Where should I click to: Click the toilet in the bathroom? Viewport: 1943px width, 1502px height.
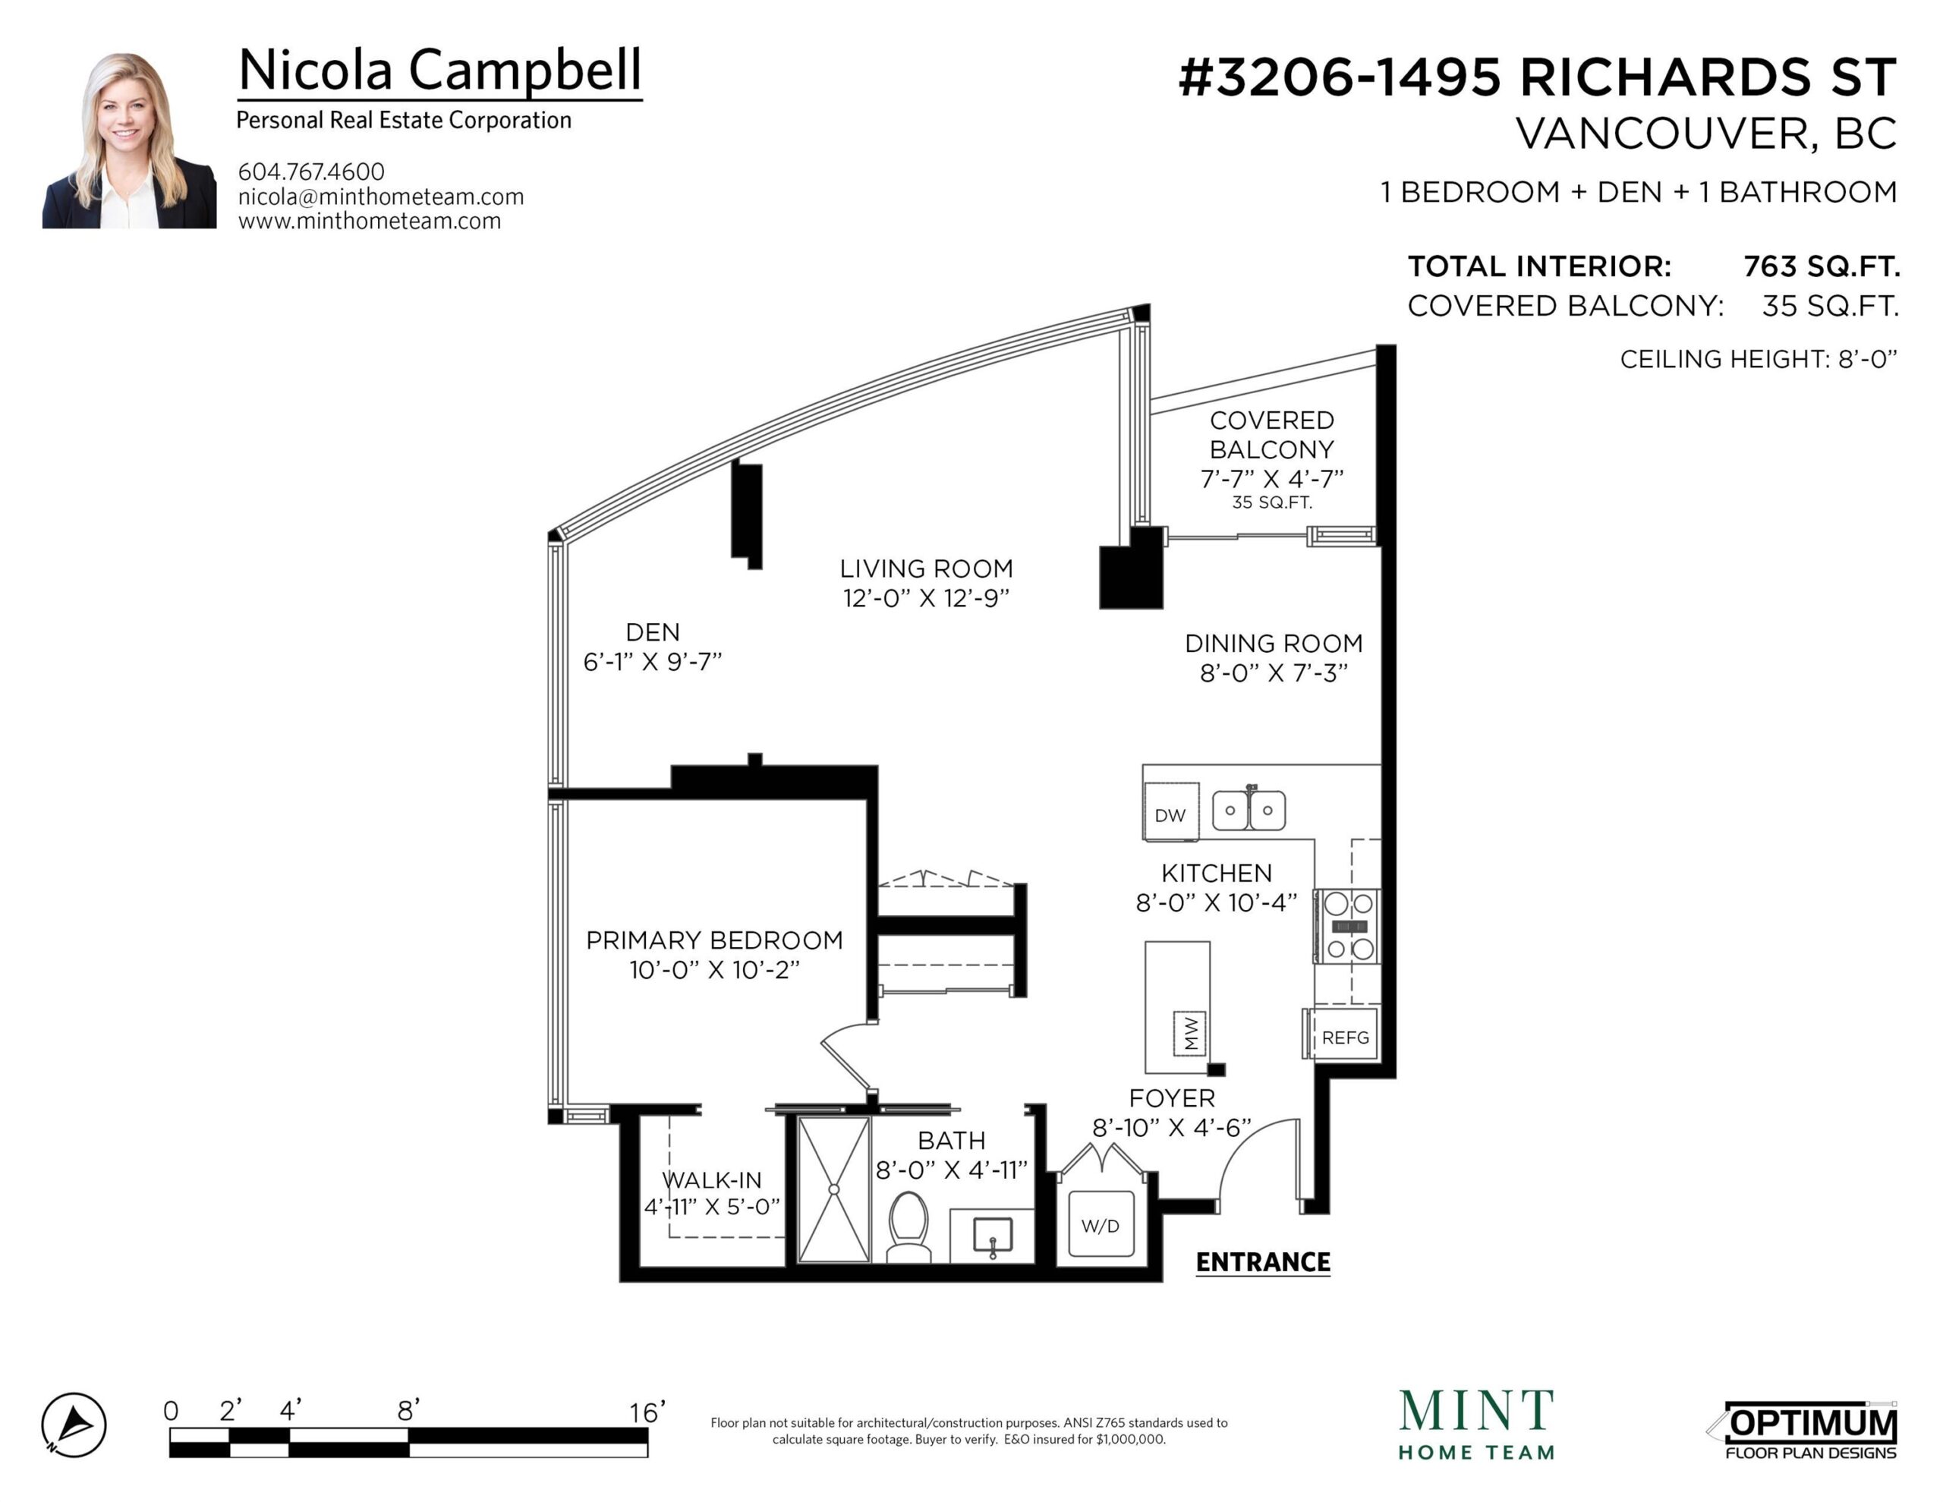click(909, 1227)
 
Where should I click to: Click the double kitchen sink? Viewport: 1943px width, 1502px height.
click(1249, 810)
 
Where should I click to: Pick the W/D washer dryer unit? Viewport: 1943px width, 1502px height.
click(1101, 1225)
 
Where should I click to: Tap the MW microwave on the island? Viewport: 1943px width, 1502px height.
click(1190, 1033)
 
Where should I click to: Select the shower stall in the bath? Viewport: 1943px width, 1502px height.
click(833, 1189)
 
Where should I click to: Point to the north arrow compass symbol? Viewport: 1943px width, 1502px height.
click(74, 1425)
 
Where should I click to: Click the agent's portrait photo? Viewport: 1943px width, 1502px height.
click(129, 140)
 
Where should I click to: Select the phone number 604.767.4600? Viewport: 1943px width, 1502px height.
click(311, 171)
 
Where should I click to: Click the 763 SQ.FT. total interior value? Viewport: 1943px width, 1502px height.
click(1821, 266)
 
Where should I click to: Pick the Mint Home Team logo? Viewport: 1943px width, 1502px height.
click(1477, 1425)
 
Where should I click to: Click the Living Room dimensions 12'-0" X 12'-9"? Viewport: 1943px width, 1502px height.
click(926, 598)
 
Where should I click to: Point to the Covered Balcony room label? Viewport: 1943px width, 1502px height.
click(1271, 434)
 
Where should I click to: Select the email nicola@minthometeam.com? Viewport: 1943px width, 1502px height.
click(381, 197)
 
